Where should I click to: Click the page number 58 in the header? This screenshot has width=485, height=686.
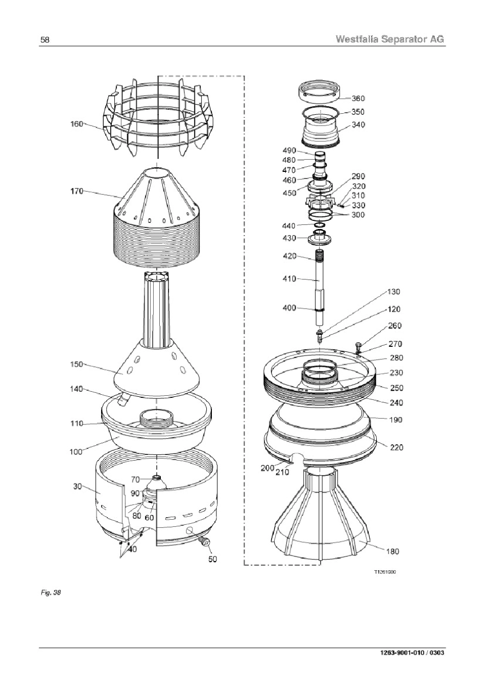[45, 40]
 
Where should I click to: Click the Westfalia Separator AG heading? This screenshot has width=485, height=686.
[390, 39]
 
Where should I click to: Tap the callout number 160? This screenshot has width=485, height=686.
[77, 124]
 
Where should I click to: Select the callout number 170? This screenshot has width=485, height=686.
[77, 191]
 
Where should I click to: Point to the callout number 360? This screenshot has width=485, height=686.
[358, 98]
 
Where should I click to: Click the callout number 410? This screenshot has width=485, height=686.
[289, 278]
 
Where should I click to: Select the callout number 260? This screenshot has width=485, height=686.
[395, 325]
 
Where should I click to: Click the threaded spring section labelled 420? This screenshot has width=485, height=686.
[320, 256]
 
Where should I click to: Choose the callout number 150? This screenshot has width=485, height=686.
[77, 364]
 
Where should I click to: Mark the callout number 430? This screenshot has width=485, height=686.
[289, 238]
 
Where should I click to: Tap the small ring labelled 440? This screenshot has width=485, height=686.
[320, 226]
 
